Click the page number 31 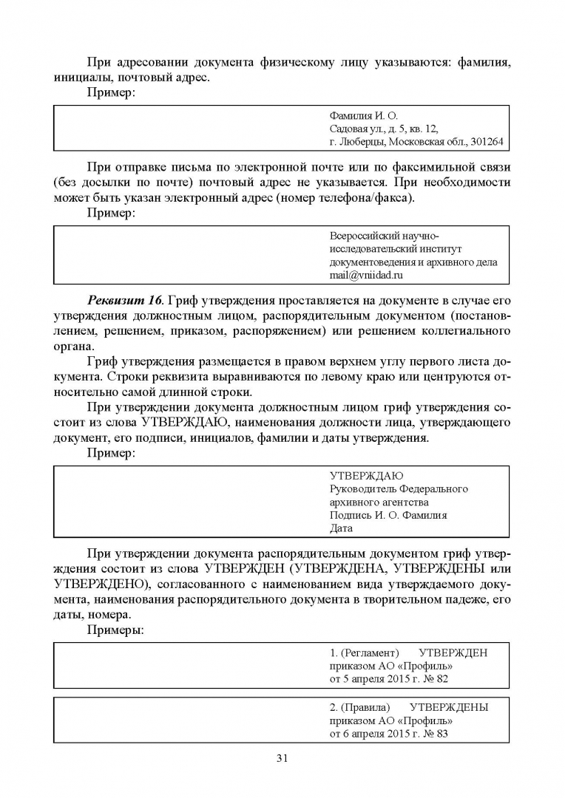[282, 758]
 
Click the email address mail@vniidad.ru [366, 275]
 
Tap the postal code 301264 [485, 142]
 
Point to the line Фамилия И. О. [363, 115]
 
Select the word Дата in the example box [341, 528]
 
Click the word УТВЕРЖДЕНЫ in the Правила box [448, 706]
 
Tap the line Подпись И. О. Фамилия [388, 515]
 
